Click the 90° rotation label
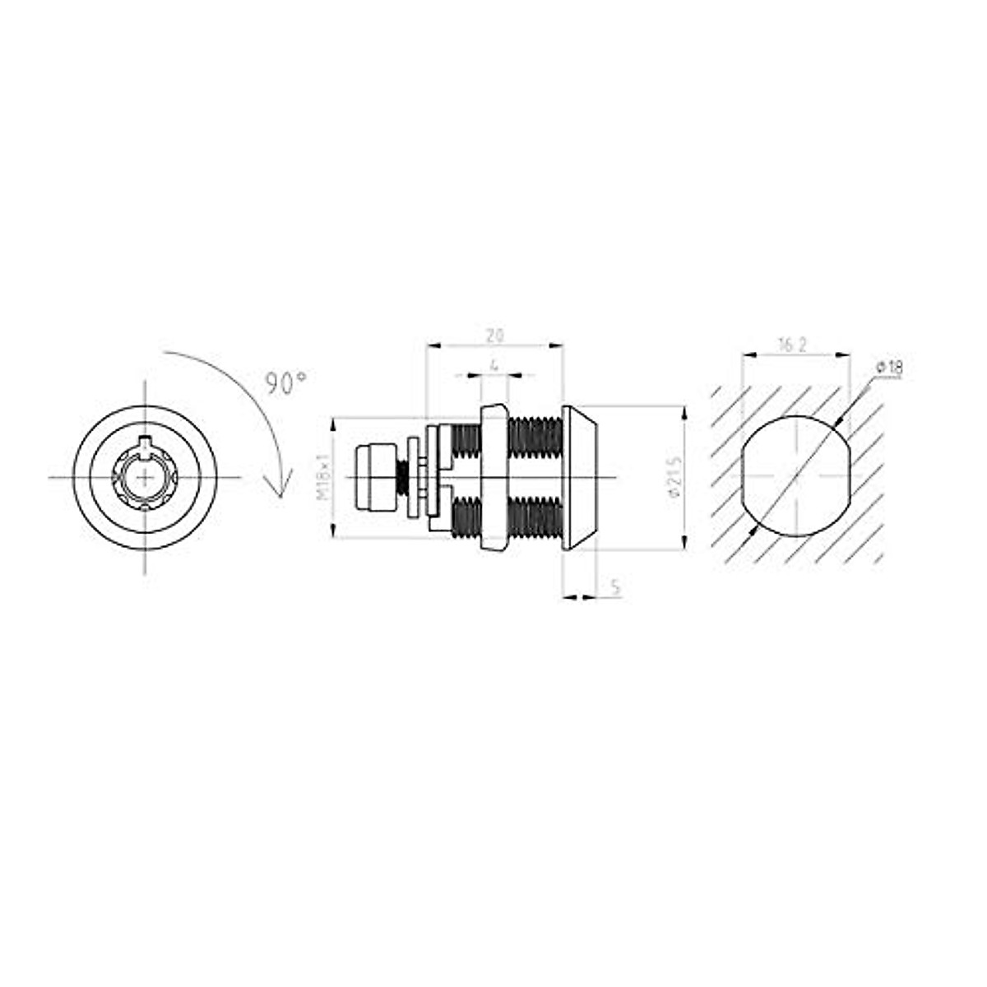pos(285,382)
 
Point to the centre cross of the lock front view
pos(146,477)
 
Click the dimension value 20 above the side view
pos(494,335)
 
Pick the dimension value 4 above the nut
pos(493,364)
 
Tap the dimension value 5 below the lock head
pos(615,586)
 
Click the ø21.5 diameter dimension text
pos(673,478)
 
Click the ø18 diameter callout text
pos(889,368)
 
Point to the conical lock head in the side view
pos(582,477)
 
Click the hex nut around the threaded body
pos(493,477)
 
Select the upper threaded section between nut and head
pos(535,436)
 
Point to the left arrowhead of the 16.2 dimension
pos(747,355)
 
